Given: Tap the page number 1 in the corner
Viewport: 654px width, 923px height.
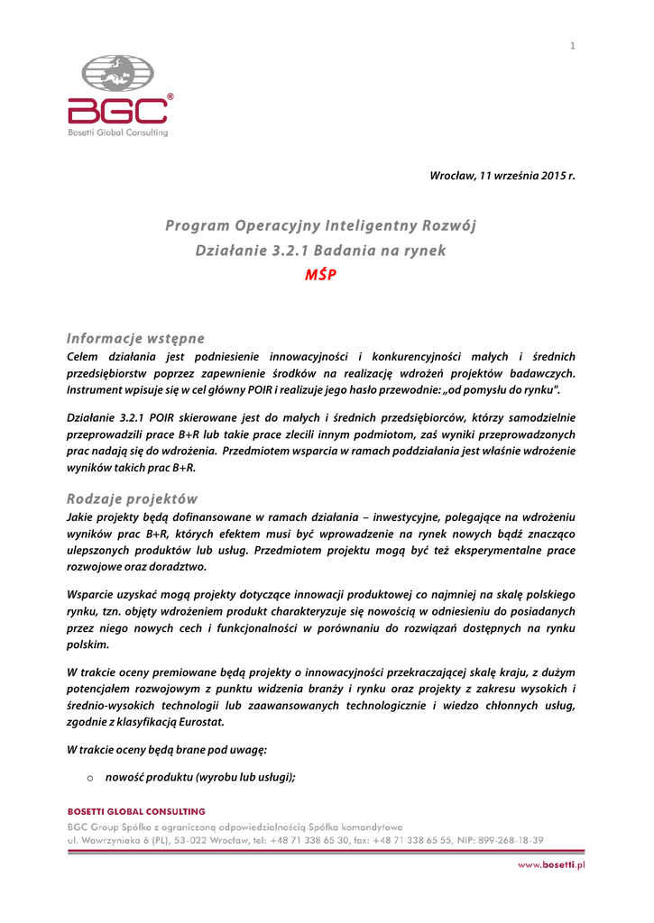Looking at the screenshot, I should [x=572, y=46].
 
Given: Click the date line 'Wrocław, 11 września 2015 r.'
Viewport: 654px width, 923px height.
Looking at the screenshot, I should [x=502, y=175].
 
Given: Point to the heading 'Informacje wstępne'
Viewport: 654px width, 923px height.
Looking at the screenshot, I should [x=135, y=339].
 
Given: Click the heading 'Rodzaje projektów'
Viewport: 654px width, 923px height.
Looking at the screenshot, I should [x=132, y=498].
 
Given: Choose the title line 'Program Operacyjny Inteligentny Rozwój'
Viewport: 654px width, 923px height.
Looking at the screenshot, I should [x=320, y=225].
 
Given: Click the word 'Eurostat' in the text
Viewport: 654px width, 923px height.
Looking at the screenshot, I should [x=198, y=722].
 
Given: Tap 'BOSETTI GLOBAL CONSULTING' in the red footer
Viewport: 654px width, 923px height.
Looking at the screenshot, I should [x=136, y=811].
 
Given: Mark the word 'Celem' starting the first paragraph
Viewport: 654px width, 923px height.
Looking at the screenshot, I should [x=85, y=357].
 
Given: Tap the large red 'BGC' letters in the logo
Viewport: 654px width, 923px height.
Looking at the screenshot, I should [x=118, y=111].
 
